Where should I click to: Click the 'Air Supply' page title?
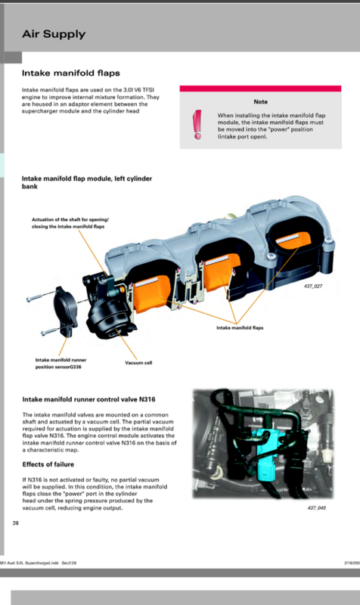coord(54,34)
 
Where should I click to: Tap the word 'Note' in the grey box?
coord(260,101)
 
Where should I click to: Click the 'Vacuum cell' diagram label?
coord(138,363)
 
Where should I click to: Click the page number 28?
coord(16,523)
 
